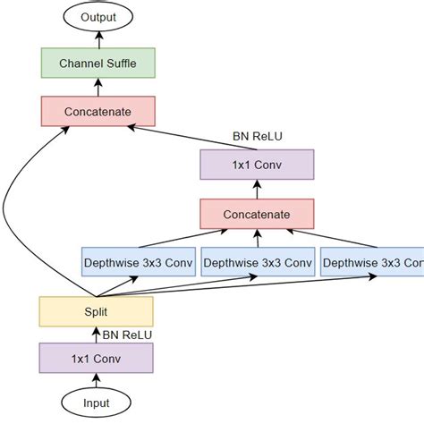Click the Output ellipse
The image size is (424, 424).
[97, 16]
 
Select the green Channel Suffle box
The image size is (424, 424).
[98, 63]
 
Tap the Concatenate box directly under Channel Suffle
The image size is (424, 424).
[98, 111]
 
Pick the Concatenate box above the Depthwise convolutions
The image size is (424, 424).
[257, 214]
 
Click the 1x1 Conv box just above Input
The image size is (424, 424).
[96, 358]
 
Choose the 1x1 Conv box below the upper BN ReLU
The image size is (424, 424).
[257, 165]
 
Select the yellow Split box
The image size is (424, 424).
[96, 310]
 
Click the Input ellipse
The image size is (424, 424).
[96, 403]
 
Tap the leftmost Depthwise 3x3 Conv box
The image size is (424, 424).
[138, 263]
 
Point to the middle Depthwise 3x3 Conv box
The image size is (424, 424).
[257, 263]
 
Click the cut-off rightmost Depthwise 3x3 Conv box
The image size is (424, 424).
[371, 263]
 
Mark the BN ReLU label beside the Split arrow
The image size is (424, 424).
[127, 335]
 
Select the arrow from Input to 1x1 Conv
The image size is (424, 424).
[96, 381]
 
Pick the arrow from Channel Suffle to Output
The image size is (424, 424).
[97, 39]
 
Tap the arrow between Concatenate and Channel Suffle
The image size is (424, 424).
[97, 87]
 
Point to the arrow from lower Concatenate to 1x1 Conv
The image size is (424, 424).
[257, 190]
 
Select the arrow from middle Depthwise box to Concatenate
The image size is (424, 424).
[257, 238]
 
